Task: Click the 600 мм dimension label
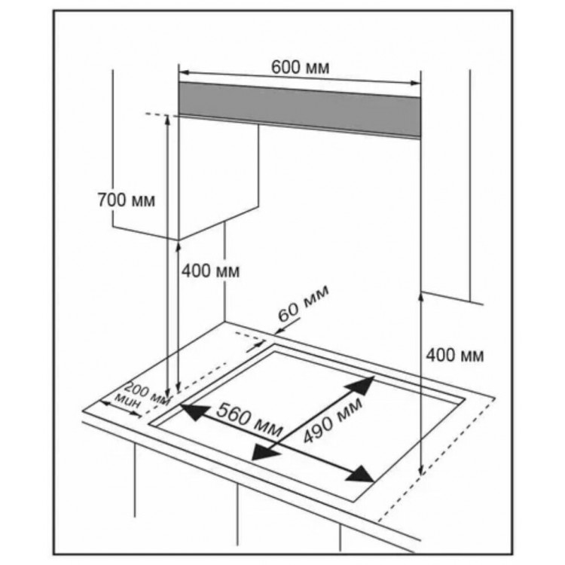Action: click(x=300, y=67)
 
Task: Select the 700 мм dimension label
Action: click(x=127, y=200)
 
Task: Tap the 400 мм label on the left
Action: click(x=210, y=270)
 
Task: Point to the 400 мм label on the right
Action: click(x=455, y=356)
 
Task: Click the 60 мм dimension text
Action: click(x=303, y=303)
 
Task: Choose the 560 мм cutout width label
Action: click(x=249, y=420)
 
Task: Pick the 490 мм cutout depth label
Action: click(x=332, y=420)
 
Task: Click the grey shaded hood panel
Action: click(x=299, y=109)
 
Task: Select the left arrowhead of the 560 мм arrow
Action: click(x=194, y=412)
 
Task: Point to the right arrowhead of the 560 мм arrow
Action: click(x=359, y=474)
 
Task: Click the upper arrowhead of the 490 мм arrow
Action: click(x=360, y=386)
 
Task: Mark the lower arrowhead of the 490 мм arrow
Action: click(x=266, y=450)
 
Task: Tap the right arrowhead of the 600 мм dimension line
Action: click(x=415, y=83)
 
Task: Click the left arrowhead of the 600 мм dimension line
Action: click(x=184, y=72)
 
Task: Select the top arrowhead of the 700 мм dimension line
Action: click(x=167, y=121)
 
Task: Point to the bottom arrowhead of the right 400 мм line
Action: click(x=420, y=470)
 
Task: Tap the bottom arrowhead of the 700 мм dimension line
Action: click(x=167, y=392)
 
